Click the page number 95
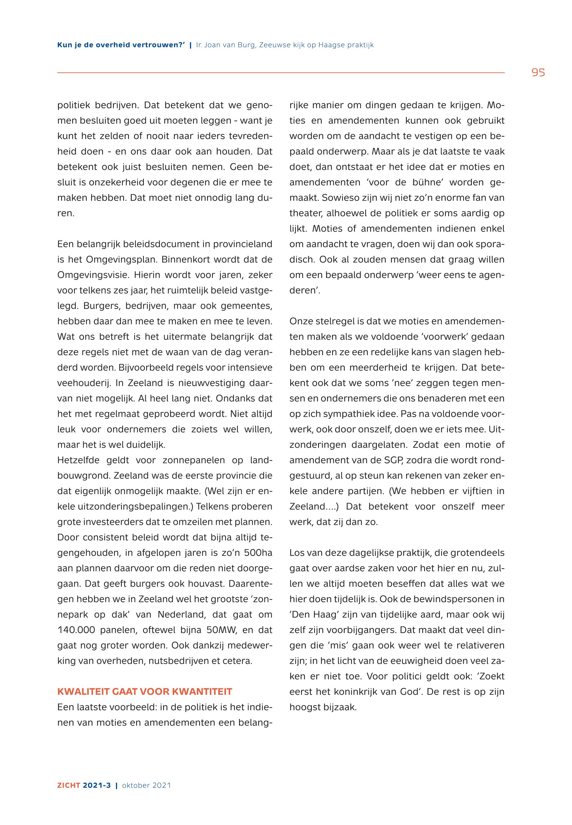pyautogui.click(x=538, y=73)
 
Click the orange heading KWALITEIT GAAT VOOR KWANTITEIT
pyautogui.click(x=145, y=692)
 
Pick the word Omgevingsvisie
pyautogui.click(x=93, y=275)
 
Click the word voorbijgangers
pyautogui.click(x=361, y=630)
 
